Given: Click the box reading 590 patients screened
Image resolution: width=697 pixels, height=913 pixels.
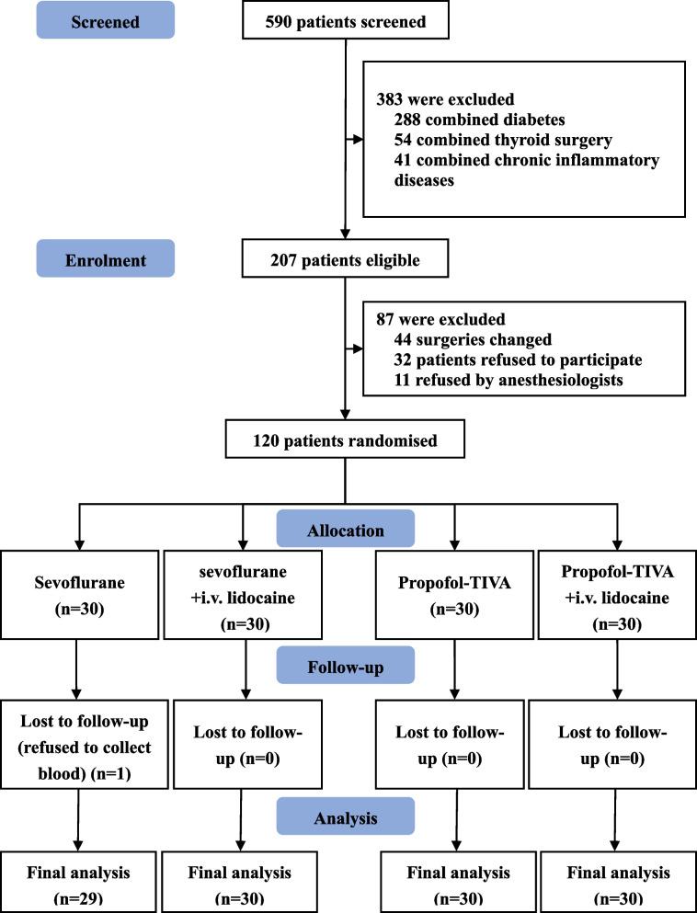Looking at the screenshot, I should click(x=344, y=20).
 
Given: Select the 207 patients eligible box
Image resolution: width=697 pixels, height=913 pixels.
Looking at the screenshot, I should click(x=344, y=260).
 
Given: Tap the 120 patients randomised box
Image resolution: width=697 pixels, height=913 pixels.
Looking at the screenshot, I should click(x=344, y=440).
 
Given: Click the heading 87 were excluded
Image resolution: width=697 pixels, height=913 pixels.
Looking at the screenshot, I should click(x=428, y=322).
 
